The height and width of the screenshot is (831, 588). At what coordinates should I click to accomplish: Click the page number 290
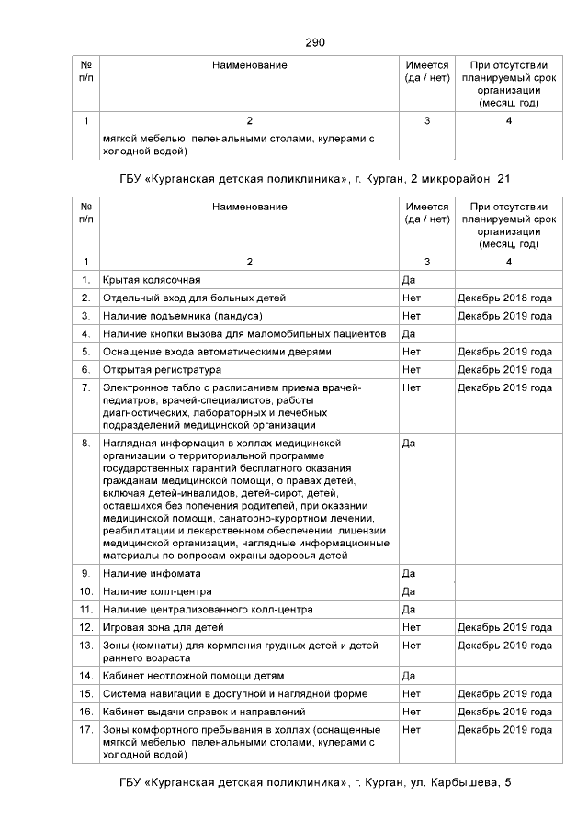point(315,42)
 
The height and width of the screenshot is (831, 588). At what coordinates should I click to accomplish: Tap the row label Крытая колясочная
point(152,279)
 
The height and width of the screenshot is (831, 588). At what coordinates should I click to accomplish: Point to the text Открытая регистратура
point(162,369)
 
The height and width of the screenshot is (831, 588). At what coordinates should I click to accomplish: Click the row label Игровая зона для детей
point(164,627)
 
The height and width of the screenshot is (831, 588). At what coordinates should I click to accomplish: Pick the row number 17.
point(85,730)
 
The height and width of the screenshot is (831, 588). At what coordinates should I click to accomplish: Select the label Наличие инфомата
point(151,573)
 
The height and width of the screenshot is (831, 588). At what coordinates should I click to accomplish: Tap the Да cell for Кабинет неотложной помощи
point(410,676)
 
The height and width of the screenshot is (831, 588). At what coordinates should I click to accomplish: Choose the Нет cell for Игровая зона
point(412,627)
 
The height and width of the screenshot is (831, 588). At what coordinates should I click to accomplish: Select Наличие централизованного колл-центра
point(208,609)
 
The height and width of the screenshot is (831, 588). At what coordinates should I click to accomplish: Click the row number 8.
point(85,443)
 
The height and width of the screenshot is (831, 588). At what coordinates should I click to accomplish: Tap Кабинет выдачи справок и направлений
point(204,712)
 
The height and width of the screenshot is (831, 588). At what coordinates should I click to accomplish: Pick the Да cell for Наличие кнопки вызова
point(410,333)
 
